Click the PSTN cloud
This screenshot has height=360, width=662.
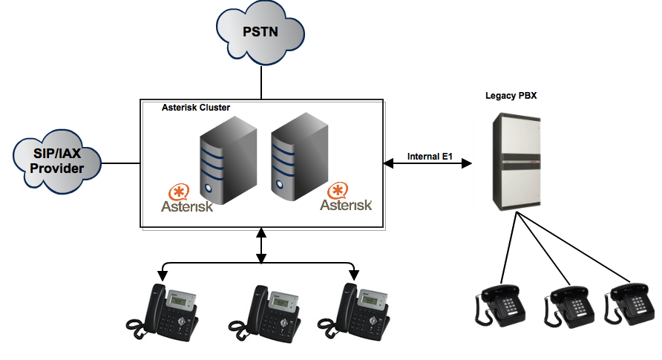click(x=260, y=33)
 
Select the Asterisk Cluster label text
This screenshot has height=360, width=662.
click(x=196, y=108)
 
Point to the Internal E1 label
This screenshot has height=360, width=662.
click(x=430, y=157)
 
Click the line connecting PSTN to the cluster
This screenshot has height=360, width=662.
click(x=261, y=82)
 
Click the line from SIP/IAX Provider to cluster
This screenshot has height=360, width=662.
click(x=120, y=163)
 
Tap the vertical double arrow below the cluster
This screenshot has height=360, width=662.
click(x=261, y=246)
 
